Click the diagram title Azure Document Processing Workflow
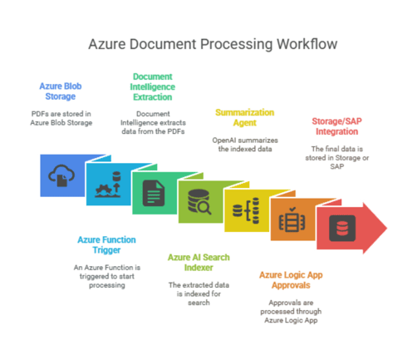[x=213, y=44]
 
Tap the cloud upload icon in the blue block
[x=61, y=175]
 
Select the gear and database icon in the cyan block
[x=108, y=185]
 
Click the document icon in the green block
[x=154, y=193]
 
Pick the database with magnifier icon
[x=199, y=202]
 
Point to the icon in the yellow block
[x=246, y=210]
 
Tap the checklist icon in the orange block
[x=292, y=219]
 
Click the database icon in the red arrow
[x=342, y=228]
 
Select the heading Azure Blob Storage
[x=61, y=91]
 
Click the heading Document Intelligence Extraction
[x=153, y=86]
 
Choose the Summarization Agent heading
[x=245, y=117]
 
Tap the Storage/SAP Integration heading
[x=337, y=126]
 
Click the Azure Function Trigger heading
[x=106, y=244]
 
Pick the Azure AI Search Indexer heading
[x=199, y=263]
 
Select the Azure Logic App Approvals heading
[x=291, y=280]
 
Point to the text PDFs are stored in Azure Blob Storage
[x=61, y=118]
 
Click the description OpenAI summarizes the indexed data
[x=245, y=145]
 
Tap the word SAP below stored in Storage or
[x=337, y=166]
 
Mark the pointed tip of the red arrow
[x=387, y=228]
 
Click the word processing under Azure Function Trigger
[x=107, y=285]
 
